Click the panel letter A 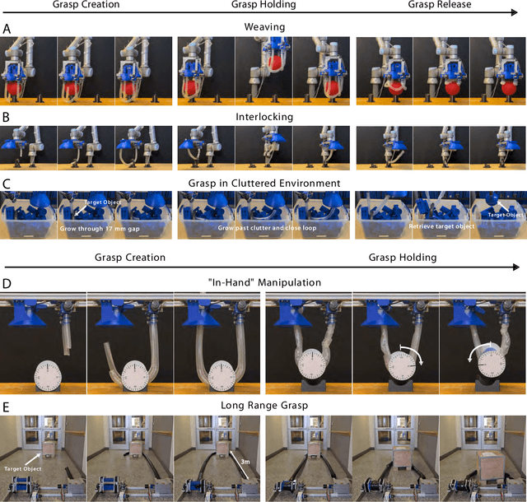coord(7,28)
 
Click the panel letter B coord(7,118)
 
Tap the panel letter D coord(7,282)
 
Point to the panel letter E coord(7,405)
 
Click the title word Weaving coord(263,28)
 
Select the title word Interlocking coord(263,118)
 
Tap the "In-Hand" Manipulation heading coord(263,282)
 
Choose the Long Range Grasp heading coord(263,405)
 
